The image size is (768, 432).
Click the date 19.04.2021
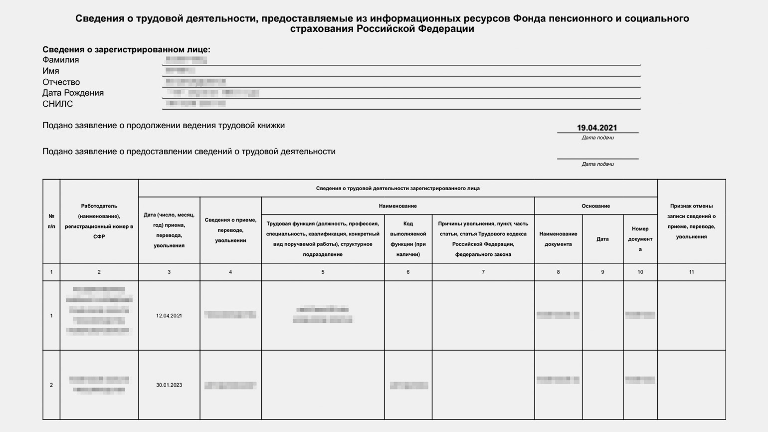click(597, 128)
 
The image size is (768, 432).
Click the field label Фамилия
click(60, 60)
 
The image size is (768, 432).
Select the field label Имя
click(51, 71)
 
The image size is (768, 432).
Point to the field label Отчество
click(61, 82)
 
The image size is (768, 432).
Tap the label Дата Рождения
click(73, 93)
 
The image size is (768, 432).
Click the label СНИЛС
click(57, 104)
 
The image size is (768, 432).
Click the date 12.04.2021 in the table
click(169, 316)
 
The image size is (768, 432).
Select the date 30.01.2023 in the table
click(169, 385)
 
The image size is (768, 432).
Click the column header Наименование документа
click(558, 239)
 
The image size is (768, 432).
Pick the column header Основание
click(595, 206)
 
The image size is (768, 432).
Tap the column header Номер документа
click(640, 239)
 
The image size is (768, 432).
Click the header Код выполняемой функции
click(408, 239)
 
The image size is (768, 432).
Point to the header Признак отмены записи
click(691, 221)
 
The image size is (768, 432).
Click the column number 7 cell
click(483, 272)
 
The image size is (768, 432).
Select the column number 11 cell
click(691, 272)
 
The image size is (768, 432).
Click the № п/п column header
click(51, 221)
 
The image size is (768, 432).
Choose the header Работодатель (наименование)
click(99, 221)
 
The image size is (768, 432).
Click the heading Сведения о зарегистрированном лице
click(126, 49)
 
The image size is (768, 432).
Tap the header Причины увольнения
click(483, 239)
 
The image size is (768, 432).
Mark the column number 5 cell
click(323, 272)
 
